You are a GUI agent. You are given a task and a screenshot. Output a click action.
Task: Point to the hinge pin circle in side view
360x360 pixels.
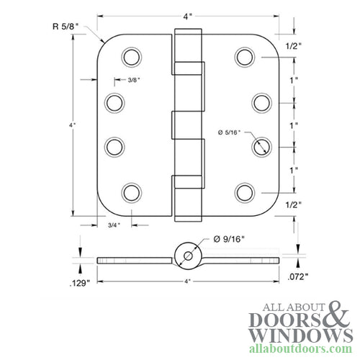pos(186,256)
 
